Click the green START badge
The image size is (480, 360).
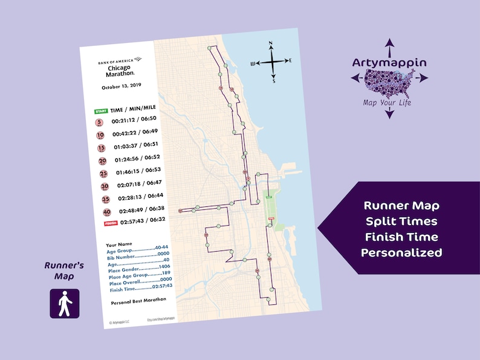[100, 111]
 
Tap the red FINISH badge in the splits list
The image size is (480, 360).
[111, 223]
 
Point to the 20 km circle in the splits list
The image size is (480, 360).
[102, 161]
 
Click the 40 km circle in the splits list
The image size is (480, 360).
[107, 212]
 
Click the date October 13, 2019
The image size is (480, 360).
[121, 87]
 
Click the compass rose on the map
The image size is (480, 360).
[272, 61]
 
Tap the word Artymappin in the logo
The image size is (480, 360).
[390, 63]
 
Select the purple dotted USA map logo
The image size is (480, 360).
[389, 82]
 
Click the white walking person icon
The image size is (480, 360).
[64, 303]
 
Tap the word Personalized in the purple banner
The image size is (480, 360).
[401, 253]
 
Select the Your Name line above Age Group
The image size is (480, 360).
[118, 245]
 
